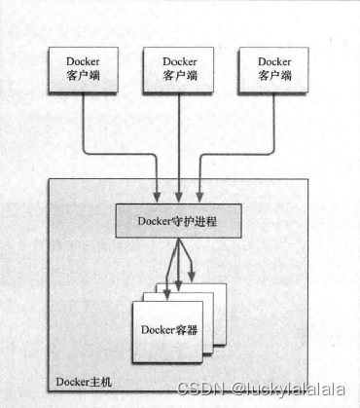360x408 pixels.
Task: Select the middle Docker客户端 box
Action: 179,69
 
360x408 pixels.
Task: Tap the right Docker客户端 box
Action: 275,69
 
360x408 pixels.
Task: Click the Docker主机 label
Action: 83,379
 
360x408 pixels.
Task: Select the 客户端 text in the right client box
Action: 275,77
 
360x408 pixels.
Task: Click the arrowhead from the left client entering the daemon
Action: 158,198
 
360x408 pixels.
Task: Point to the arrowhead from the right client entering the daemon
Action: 200,198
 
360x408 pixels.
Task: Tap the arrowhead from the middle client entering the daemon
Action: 179,198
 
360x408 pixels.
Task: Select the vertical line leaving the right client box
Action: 275,117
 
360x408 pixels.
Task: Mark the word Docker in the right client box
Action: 275,61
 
